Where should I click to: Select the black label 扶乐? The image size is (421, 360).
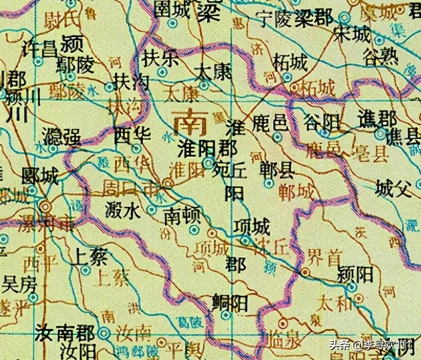pyautogui.click(x=160, y=58)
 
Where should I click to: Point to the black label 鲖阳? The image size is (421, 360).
pyautogui.click(x=230, y=302)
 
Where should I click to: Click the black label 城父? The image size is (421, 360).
pyautogui.click(x=393, y=188)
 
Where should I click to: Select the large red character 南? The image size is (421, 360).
pyautogui.click(x=190, y=124)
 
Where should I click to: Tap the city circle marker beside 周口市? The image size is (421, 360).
pyautogui.click(x=168, y=183)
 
